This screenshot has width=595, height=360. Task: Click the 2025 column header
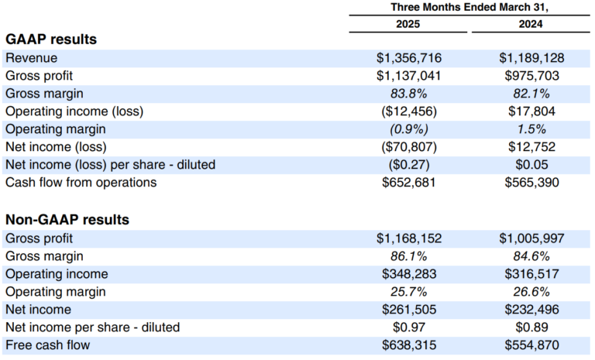coord(408,24)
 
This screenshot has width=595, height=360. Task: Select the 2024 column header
coord(531,24)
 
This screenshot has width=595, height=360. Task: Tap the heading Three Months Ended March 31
coord(469,8)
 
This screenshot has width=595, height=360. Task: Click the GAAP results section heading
coord(51,39)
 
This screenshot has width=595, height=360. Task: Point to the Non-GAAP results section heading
coord(67,220)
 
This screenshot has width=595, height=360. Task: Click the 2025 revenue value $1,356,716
coord(408,58)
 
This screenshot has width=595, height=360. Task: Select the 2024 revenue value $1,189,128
coord(531,58)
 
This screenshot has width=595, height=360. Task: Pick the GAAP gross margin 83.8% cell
coord(408,94)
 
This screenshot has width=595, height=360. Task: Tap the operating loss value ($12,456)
coord(408,111)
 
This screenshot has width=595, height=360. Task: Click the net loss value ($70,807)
coord(408,147)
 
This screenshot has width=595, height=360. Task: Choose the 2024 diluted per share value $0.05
coord(531,165)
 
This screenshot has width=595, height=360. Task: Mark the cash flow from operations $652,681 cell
coord(408,183)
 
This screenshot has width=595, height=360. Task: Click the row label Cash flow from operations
coord(81,183)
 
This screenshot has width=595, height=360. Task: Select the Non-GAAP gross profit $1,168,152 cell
coord(408,238)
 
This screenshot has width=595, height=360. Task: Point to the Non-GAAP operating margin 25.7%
coord(408,292)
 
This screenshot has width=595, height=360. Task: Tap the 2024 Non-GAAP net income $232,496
coord(531,310)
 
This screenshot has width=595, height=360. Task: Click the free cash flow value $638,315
coord(408,345)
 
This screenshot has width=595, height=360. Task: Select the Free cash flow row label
coord(47,345)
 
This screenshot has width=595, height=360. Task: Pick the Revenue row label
coord(31,58)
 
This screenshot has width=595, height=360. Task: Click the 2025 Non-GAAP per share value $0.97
coord(408,327)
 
